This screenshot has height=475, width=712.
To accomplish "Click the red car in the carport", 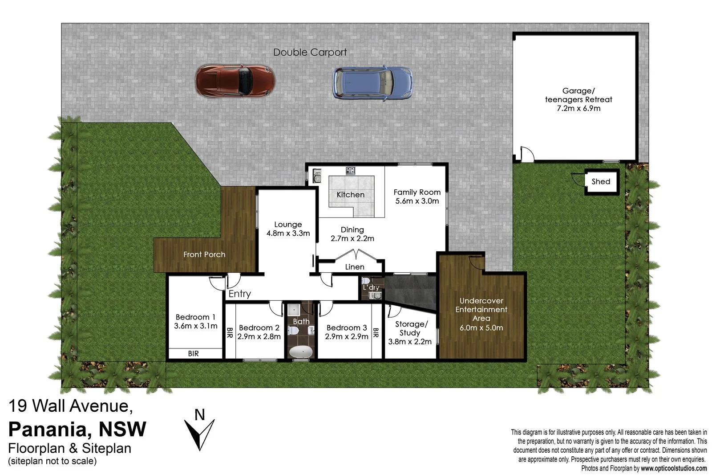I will [235, 81].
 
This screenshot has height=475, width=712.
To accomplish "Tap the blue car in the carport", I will [372, 83].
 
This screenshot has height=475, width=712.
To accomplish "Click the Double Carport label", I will [310, 52].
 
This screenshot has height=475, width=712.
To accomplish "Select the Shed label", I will [600, 181].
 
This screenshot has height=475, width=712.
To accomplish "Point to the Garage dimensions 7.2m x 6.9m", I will [578, 108].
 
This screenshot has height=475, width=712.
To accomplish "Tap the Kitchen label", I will [350, 195].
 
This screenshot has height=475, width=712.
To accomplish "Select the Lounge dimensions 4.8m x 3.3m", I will [288, 233].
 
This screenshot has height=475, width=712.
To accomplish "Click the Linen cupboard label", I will [355, 267].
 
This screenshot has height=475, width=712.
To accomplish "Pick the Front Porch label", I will [204, 254].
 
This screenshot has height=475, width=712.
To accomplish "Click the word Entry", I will [239, 294].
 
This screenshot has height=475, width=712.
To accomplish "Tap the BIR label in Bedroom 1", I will [193, 353].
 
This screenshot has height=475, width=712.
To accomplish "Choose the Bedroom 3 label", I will [347, 328].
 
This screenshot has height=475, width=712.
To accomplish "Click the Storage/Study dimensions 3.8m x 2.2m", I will [409, 342].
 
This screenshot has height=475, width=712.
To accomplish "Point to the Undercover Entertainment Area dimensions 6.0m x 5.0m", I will [481, 328].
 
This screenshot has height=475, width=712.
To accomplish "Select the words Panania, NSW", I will [77, 429].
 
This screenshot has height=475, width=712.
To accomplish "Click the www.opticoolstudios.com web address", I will [673, 468].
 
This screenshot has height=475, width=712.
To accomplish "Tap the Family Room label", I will [417, 192].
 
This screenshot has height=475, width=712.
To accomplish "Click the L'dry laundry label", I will [371, 287].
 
